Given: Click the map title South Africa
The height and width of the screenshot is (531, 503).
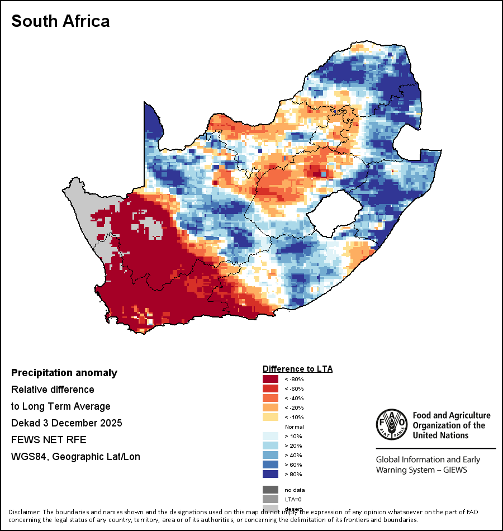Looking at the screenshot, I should point(60,21).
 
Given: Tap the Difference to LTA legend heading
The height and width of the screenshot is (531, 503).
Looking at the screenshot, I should point(297,369).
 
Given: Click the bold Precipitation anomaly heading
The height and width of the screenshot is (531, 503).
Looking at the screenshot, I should point(64,373).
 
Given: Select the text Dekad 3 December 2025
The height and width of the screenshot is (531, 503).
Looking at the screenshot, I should point(67,423).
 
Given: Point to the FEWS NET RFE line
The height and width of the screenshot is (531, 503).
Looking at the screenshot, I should point(49,440).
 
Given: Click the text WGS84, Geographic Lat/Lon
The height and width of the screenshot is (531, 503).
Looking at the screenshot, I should point(75,457).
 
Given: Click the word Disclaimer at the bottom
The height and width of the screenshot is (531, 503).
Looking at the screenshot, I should point(24,512).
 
